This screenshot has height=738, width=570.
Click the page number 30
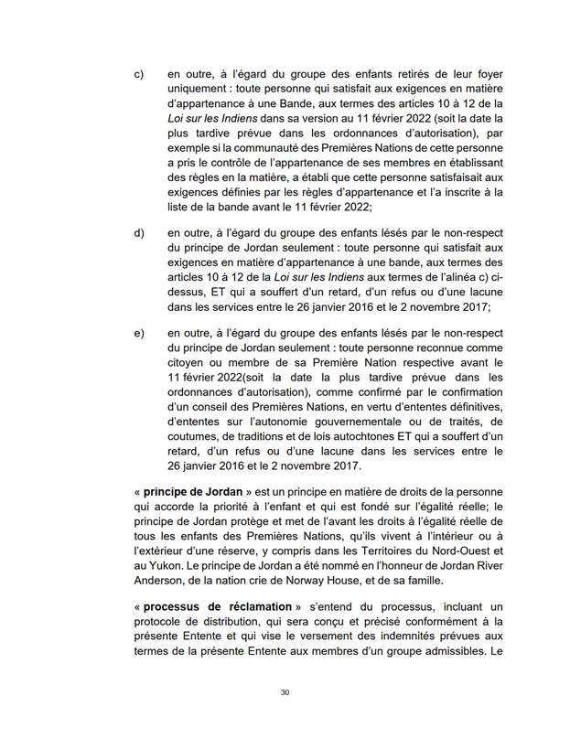pos(285,692)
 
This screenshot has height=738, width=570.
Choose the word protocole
pos(161,622)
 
